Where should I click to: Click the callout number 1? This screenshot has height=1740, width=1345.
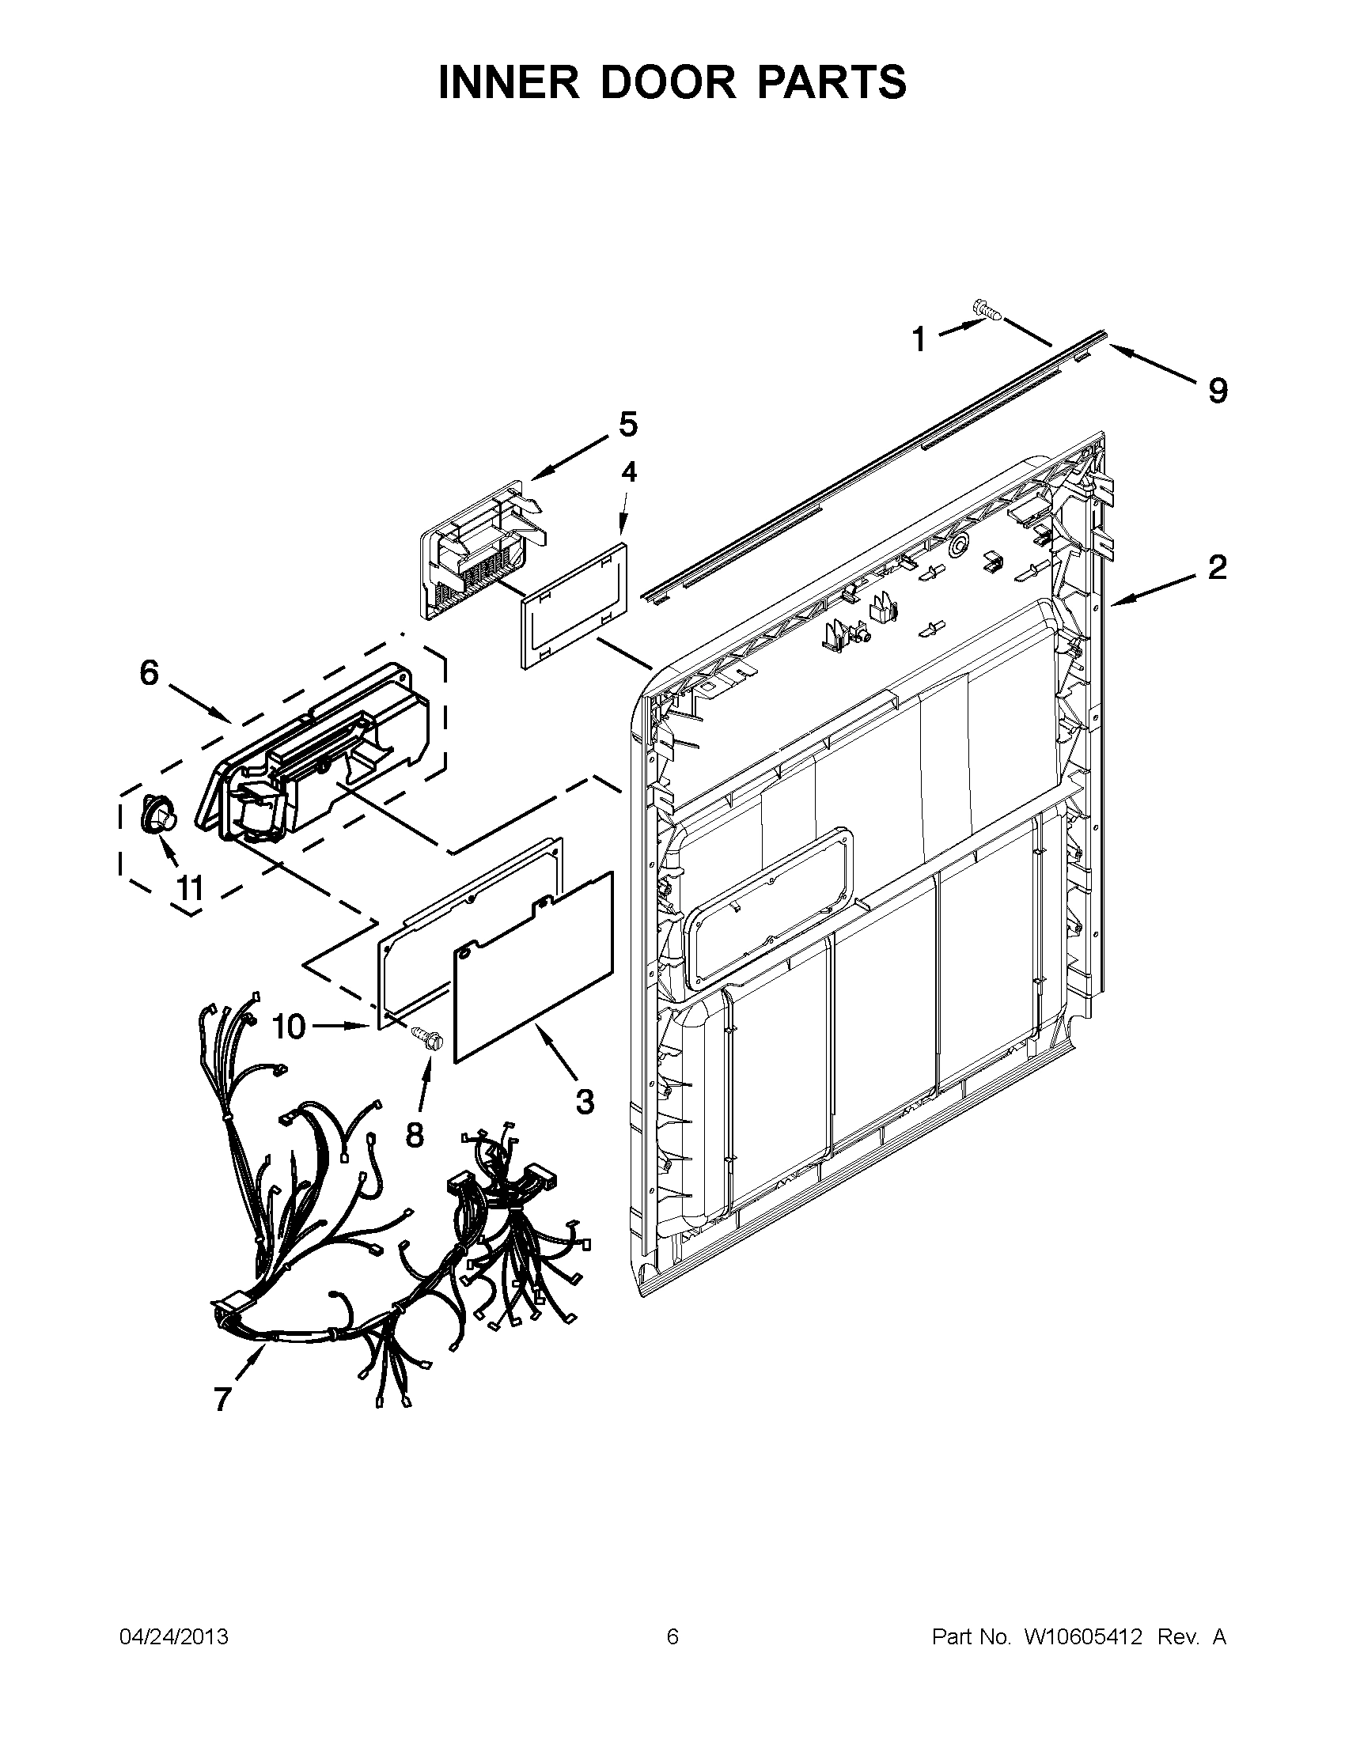pyautogui.click(x=919, y=339)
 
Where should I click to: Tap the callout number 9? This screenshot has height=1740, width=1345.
pyautogui.click(x=1217, y=391)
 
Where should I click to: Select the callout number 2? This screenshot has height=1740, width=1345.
pyautogui.click(x=1217, y=567)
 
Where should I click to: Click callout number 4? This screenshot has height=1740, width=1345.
pyautogui.click(x=629, y=472)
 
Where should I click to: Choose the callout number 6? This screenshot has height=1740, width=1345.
pyautogui.click(x=149, y=673)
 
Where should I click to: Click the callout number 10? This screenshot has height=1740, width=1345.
pyautogui.click(x=289, y=1027)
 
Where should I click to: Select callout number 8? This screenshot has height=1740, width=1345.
pyautogui.click(x=415, y=1133)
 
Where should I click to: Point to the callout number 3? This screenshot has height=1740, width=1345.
pyautogui.click(x=585, y=1103)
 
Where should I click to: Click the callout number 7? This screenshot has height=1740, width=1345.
pyautogui.click(x=222, y=1400)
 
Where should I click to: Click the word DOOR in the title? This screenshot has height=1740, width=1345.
pyautogui.click(x=669, y=82)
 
